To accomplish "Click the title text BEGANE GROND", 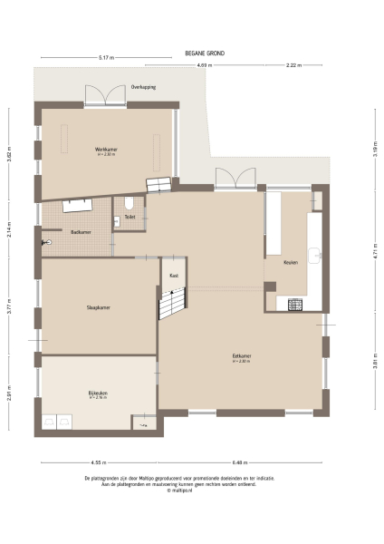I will click(x=205, y=53).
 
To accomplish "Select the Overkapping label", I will click(x=144, y=87).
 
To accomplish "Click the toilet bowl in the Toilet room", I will click(x=131, y=202).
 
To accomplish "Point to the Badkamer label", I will click(x=81, y=232).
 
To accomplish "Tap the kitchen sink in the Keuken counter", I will click(x=315, y=257).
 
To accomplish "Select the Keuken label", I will click(x=290, y=262).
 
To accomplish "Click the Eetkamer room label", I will click(x=241, y=356).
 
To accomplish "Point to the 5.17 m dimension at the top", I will click(x=106, y=58).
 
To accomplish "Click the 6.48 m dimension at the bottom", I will click(x=239, y=460).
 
